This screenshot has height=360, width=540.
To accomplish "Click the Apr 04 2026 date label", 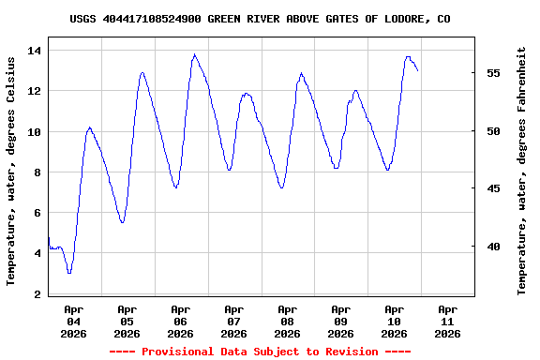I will tap(73, 321).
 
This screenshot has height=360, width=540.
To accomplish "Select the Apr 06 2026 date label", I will tap(180, 321).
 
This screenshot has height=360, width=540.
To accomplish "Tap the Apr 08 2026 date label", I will tap(287, 321).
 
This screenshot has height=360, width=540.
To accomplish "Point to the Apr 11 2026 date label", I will tap(448, 321).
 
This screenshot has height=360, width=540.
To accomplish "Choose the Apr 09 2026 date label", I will tap(340, 321).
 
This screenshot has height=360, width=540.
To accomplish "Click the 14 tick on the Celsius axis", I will tap(35, 51).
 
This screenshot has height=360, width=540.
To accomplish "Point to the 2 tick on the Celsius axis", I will tap(37, 294).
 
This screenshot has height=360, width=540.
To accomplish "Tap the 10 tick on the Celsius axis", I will tap(35, 132).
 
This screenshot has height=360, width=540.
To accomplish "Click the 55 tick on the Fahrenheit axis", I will tap(492, 73).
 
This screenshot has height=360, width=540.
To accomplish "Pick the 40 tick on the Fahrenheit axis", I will tap(492, 247).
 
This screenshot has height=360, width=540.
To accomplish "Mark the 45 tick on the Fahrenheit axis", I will tap(492, 188).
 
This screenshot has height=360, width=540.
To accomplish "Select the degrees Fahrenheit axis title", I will tap(522, 171).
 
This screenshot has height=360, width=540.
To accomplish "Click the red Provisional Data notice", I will tap(260, 352).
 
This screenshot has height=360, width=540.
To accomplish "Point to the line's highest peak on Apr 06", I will tap(194, 54).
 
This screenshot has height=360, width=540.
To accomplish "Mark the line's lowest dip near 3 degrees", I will tap(69, 273).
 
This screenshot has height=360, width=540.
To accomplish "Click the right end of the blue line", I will tap(418, 70).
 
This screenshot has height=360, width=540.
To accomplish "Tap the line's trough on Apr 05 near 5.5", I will tap(123, 222).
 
